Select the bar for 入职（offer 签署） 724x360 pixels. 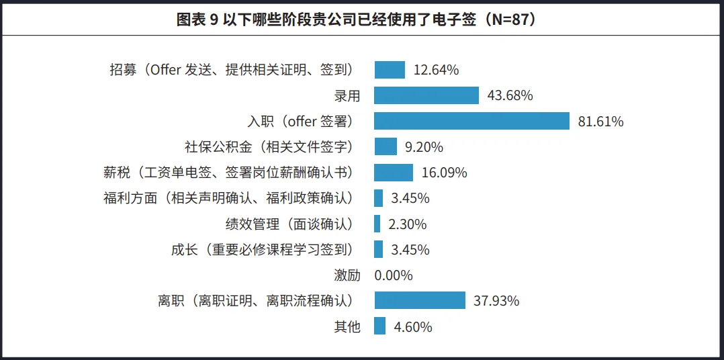[472, 121]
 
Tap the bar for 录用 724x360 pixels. [426, 95]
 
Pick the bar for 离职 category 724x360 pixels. [420, 300]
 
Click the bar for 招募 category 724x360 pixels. [390, 70]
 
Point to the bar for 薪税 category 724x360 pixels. [394, 173]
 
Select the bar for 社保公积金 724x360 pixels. [386, 146]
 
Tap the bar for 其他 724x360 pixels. [380, 326]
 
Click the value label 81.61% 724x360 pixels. [601, 122]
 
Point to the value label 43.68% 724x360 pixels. [510, 95]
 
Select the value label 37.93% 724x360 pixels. [497, 301]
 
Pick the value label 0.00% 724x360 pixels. [394, 275]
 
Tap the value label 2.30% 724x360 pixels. [408, 224]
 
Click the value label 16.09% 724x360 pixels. [445, 173]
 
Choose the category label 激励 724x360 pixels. [347, 275]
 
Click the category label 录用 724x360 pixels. [347, 96]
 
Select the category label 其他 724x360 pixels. [347, 327]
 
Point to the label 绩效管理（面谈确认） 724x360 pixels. [289, 224]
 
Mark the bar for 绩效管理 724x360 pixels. [377, 224]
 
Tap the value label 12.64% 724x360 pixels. [437, 70]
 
